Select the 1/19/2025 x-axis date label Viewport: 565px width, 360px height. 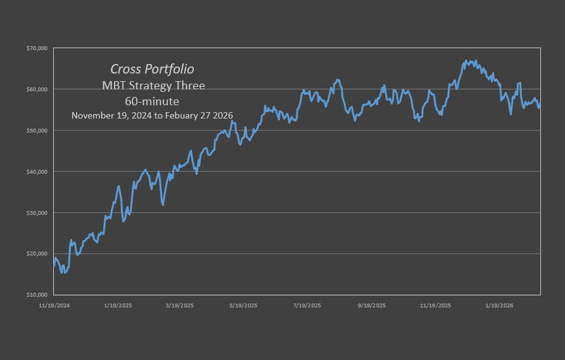(x=117, y=305)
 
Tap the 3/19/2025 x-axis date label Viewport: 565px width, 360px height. (x=180, y=305)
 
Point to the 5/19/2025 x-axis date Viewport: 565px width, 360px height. (x=243, y=305)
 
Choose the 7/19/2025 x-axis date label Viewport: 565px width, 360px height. (x=307, y=305)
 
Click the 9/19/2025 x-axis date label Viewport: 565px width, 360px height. (x=371, y=305)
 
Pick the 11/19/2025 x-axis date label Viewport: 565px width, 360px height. (x=436, y=305)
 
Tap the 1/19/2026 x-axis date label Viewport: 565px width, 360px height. (x=500, y=305)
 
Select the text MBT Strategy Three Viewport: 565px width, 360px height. (x=152, y=86)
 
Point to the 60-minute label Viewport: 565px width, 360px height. (x=152, y=101)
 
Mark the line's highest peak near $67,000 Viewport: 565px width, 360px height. (x=466, y=61)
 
